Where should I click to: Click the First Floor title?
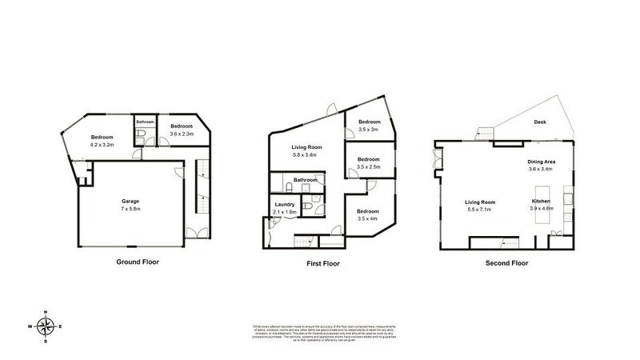326,262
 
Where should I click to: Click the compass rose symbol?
47,326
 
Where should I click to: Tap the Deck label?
542,122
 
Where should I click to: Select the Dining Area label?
542,162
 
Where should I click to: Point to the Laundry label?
285,205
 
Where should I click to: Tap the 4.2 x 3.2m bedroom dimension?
102,146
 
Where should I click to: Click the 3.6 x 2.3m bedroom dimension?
182,134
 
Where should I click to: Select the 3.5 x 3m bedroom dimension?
368,129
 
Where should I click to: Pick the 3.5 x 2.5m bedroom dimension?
368,166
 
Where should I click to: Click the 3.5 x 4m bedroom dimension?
368,218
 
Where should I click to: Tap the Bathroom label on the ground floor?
145,122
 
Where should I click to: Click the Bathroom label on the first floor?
306,180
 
